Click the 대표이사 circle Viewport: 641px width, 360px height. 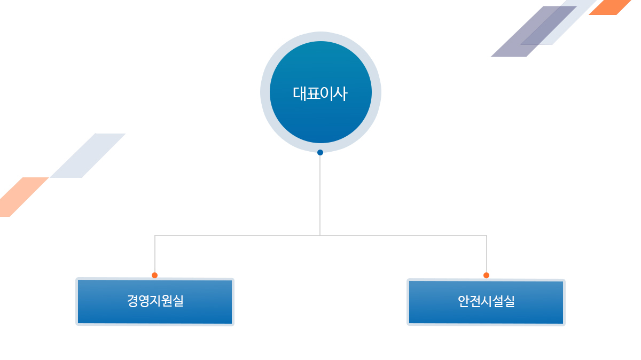320,92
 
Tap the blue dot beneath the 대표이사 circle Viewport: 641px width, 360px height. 320,153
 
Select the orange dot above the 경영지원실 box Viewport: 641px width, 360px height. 154,275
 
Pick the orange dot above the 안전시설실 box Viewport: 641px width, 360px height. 486,275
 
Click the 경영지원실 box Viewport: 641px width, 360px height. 155,302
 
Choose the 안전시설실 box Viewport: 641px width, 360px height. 486,302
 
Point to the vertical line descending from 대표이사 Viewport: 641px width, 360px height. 320,195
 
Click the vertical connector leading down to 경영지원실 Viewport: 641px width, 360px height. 155,254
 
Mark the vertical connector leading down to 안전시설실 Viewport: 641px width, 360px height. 487,254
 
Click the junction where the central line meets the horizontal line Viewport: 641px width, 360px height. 320,236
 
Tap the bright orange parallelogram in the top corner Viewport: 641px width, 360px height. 610,7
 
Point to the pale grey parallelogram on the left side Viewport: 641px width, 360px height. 88,155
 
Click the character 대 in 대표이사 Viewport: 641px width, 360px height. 299,93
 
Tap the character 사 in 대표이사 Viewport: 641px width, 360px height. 341,93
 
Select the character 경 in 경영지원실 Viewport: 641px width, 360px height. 132,301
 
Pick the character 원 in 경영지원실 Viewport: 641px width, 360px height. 166,301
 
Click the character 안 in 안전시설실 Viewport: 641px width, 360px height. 464,301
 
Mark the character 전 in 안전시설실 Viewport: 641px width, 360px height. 475,301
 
